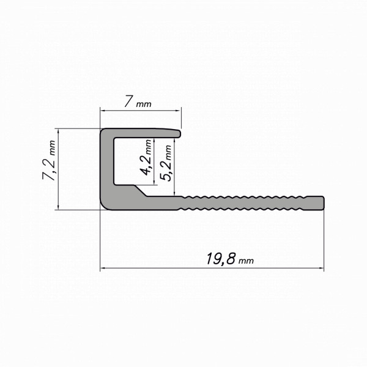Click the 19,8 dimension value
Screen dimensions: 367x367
(x=220, y=258)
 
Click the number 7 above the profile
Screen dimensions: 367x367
(x=128, y=101)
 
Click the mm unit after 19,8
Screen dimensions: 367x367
(x=246, y=261)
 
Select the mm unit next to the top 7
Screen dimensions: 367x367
(x=144, y=104)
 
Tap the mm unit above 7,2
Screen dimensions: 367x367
(x=52, y=147)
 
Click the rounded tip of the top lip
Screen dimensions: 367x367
(x=180, y=133)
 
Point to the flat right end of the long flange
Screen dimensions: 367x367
(x=323, y=203)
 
